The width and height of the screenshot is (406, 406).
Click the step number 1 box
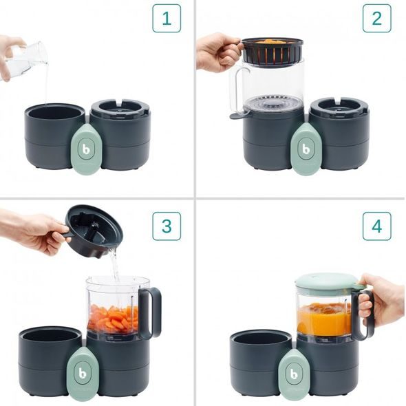coord(166,19)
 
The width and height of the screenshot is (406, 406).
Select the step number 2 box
coord(376,19)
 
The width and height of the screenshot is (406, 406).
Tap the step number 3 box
coord(166,226)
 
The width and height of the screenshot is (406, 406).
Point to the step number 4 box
coord(376,226)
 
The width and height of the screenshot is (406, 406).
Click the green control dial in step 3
coord(85,372)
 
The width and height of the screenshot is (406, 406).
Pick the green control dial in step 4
coord(296,372)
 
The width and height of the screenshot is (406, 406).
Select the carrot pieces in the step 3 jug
coord(114,319)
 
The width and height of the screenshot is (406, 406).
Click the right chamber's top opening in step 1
coord(119,109)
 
